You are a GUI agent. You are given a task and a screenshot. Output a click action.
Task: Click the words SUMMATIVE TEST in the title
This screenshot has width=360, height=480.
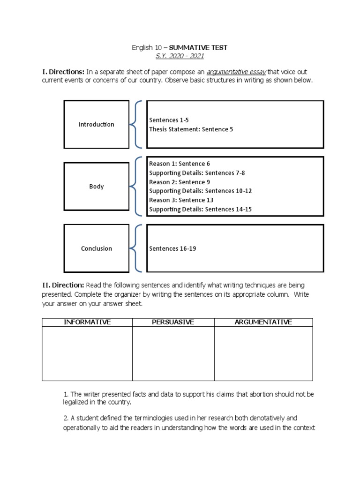click(x=198, y=48)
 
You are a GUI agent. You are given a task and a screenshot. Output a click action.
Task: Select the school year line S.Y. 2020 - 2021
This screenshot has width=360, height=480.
click(x=180, y=56)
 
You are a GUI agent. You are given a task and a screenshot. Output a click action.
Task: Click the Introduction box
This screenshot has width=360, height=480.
click(x=96, y=124)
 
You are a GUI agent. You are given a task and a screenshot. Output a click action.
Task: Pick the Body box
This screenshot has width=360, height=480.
click(x=96, y=187)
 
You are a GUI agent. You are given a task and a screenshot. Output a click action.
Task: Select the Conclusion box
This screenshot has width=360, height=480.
click(x=96, y=248)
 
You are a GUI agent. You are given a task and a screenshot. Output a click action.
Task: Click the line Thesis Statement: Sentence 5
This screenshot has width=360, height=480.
click(x=191, y=129)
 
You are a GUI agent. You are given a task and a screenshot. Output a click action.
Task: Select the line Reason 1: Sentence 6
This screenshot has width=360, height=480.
click(x=180, y=164)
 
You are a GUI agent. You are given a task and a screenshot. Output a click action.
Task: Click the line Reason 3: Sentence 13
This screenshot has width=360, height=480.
click(x=181, y=200)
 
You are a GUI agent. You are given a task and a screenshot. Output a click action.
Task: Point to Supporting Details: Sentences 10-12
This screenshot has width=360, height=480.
click(x=200, y=191)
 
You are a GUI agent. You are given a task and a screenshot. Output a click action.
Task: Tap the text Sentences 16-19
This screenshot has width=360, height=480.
click(x=172, y=248)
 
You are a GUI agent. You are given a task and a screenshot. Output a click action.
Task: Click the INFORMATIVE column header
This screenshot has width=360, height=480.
click(x=87, y=322)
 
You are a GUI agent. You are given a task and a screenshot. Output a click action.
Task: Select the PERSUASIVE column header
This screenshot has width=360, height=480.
click(x=173, y=322)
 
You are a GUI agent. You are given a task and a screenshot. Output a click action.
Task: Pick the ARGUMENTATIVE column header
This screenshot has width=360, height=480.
click(x=263, y=322)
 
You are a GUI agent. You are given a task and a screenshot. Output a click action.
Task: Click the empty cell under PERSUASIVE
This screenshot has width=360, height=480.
click(x=173, y=353)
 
